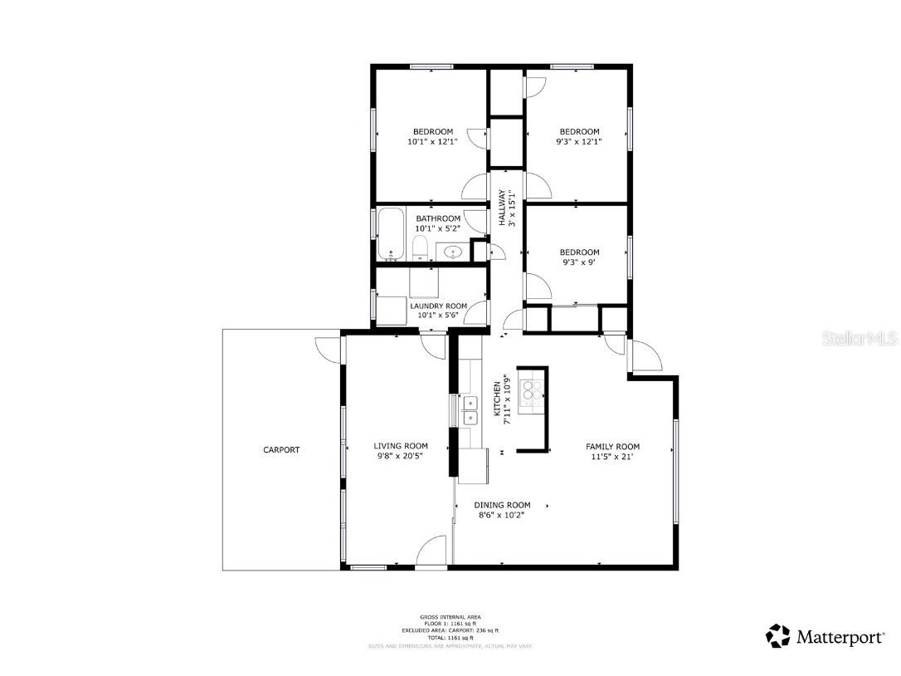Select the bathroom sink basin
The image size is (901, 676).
[453, 252]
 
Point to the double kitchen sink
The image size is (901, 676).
[470, 411]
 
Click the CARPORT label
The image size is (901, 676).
[281, 450]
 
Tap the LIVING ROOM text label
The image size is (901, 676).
[401, 446]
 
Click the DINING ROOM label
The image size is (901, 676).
[502, 505]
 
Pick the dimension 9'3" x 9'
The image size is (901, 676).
[579, 262]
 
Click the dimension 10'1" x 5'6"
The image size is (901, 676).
[438, 316]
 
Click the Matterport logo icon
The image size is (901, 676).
[778, 636]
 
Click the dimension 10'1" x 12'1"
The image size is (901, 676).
[433, 142]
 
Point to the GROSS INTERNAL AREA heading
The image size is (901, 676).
[450, 617]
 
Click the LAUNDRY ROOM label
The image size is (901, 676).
[438, 306]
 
